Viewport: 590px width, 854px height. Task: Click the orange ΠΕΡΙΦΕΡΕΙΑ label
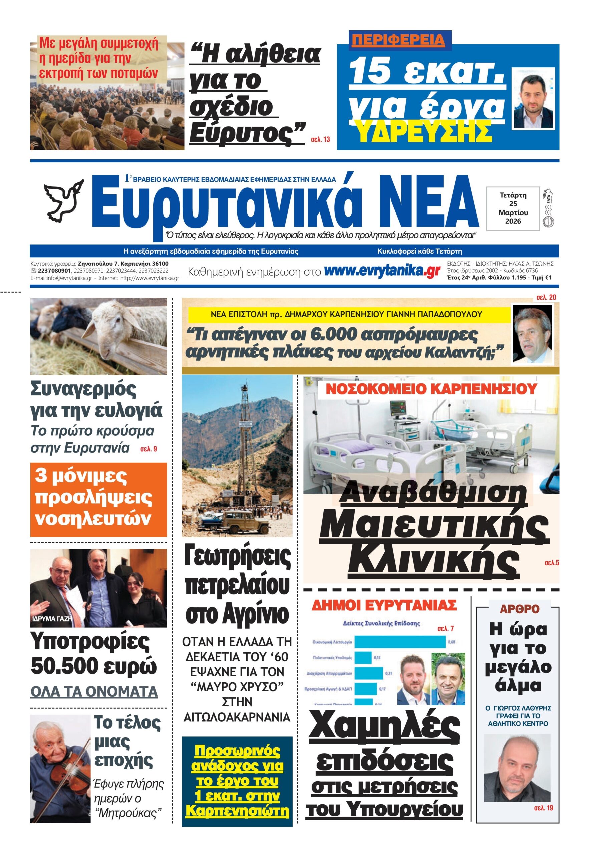point(398,40)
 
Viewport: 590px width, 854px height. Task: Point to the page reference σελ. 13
point(320,139)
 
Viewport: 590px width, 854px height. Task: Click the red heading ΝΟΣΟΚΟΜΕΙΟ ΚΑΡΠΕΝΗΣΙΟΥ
point(431,389)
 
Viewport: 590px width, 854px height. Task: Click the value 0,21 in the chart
point(388,673)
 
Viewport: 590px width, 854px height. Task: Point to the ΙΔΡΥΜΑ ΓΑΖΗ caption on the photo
point(52,618)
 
